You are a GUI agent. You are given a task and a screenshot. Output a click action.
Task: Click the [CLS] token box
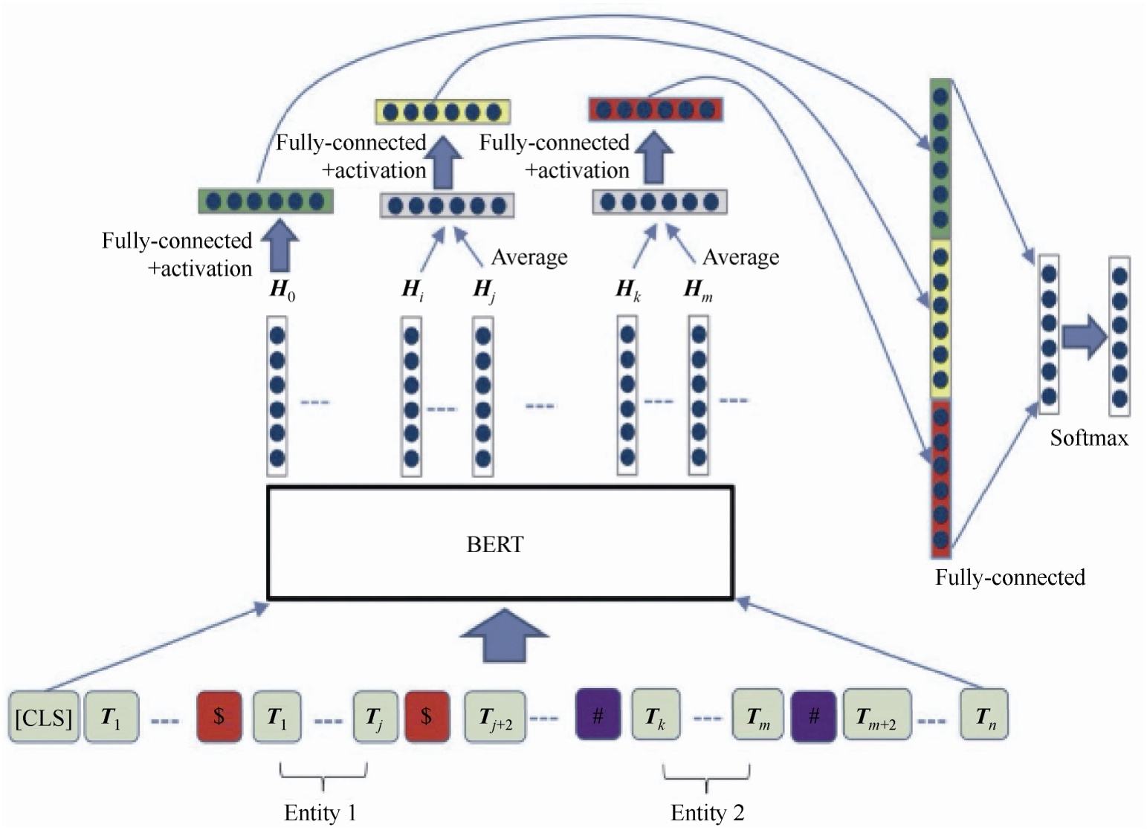click(44, 717)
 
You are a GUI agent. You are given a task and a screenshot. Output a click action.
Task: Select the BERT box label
click(495, 545)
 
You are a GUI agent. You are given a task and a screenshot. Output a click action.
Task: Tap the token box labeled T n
click(983, 716)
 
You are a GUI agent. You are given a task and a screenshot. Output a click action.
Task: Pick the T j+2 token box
click(495, 717)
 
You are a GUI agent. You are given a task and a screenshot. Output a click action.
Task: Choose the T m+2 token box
click(877, 716)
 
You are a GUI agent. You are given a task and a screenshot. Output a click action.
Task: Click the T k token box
click(655, 716)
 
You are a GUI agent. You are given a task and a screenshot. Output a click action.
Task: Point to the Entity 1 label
click(320, 813)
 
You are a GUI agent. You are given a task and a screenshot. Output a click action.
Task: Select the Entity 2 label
click(707, 813)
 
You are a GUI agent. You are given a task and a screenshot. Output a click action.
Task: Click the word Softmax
click(1088, 438)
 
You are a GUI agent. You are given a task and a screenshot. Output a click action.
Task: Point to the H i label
click(413, 289)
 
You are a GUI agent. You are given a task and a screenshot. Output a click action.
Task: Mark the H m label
click(697, 289)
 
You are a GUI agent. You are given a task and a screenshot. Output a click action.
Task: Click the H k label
click(627, 289)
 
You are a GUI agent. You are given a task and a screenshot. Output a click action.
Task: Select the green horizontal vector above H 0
click(265, 201)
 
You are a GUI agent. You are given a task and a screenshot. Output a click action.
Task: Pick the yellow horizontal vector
click(442, 112)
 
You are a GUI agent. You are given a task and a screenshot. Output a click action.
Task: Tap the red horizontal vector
click(655, 110)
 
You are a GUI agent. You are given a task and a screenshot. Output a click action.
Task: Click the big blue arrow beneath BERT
click(504, 636)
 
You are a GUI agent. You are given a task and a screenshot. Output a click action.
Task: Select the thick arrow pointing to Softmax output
click(1084, 337)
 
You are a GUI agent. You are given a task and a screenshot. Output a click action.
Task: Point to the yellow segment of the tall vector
click(940, 318)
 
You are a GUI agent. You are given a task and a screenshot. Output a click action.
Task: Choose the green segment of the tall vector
click(940, 158)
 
